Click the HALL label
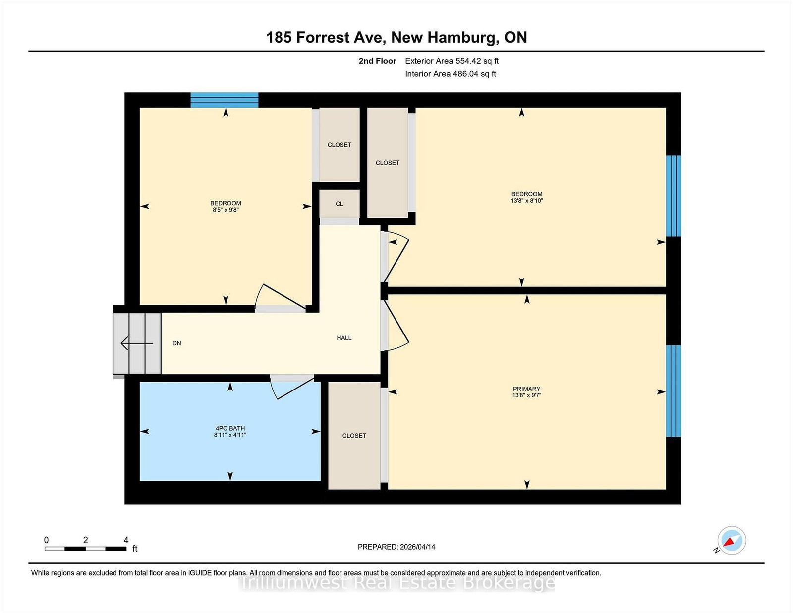coord(344,338)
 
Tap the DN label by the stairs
coord(176,343)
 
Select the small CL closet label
coord(340,204)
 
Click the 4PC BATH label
coord(230,428)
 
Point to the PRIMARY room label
coord(526,389)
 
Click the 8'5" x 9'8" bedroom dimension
coord(226,210)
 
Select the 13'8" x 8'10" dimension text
coord(526,200)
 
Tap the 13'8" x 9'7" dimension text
coord(526,395)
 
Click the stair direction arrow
coord(137,343)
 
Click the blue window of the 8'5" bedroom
coord(225,100)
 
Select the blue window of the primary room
coord(673,391)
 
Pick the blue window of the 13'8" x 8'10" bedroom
coord(673,196)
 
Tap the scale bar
coord(86,549)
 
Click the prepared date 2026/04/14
coord(417,547)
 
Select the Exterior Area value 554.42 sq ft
coord(477,61)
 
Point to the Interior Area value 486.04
coord(465,74)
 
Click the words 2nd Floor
coord(377,61)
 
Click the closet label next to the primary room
coord(354,435)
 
